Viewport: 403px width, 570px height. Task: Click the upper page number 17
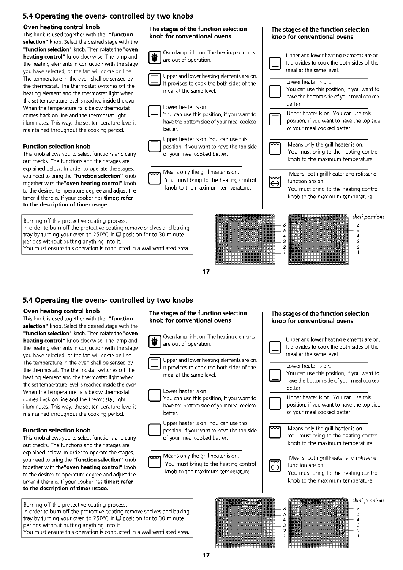tap(206, 271)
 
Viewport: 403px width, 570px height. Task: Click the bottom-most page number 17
tap(206, 555)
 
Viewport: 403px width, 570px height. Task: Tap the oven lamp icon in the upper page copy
tap(155, 57)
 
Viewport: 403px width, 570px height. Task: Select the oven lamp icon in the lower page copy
tap(155, 341)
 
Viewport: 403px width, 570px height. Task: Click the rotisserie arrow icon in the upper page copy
tap(275, 183)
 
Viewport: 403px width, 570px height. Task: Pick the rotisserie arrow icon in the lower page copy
tap(275, 467)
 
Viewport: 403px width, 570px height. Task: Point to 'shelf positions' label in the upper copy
tap(368, 217)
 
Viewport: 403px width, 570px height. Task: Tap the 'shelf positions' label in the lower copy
tap(368, 501)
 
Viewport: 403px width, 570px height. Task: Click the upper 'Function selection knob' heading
tap(57, 147)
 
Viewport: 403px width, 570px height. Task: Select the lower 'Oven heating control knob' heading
tap(61, 311)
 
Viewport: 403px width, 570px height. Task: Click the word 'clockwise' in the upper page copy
tap(91, 57)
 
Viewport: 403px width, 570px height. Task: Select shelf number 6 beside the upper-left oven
tap(284, 225)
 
